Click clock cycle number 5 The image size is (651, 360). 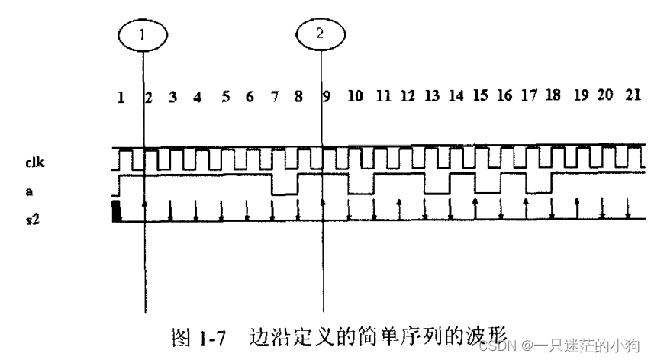click(x=225, y=97)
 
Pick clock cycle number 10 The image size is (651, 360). click(x=356, y=97)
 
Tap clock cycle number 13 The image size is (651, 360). click(x=431, y=97)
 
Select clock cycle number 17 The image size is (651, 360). click(x=528, y=97)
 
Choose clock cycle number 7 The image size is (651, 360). click(x=275, y=97)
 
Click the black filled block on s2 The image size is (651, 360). click(x=117, y=211)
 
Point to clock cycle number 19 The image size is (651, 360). click(x=581, y=97)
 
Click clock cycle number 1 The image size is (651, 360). click(x=120, y=97)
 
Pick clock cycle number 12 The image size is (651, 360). click(x=407, y=97)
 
